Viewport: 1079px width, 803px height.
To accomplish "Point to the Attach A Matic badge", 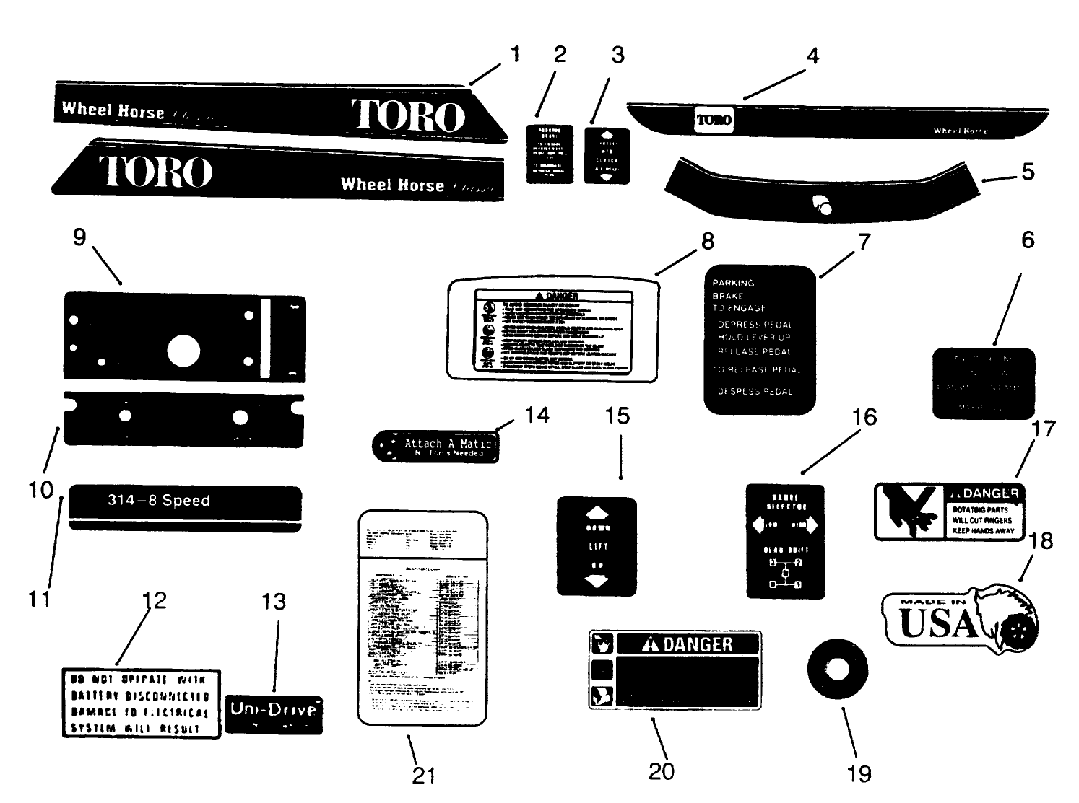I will tap(435, 447).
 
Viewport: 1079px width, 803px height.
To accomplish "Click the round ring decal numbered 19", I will tap(837, 670).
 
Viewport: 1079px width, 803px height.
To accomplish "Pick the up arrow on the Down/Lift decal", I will tap(596, 513).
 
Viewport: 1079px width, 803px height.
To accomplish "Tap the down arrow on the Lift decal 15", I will tap(596, 582).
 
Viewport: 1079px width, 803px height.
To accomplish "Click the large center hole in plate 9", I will tap(183, 351).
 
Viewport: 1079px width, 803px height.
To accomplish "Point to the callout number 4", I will tap(812, 56).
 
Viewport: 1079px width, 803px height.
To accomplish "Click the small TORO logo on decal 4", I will tap(714, 120).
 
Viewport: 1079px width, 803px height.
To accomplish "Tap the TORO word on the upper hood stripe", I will tap(408, 115).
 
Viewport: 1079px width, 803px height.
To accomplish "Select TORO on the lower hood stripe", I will tap(156, 172).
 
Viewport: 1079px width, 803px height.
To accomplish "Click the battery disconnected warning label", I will tap(140, 703).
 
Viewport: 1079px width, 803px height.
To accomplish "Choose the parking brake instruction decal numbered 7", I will tap(760, 339).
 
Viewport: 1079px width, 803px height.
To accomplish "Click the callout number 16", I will tap(864, 417).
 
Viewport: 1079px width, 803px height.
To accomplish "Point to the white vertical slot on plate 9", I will tap(266, 338).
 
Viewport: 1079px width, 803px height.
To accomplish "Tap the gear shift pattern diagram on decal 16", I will tap(784, 573).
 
